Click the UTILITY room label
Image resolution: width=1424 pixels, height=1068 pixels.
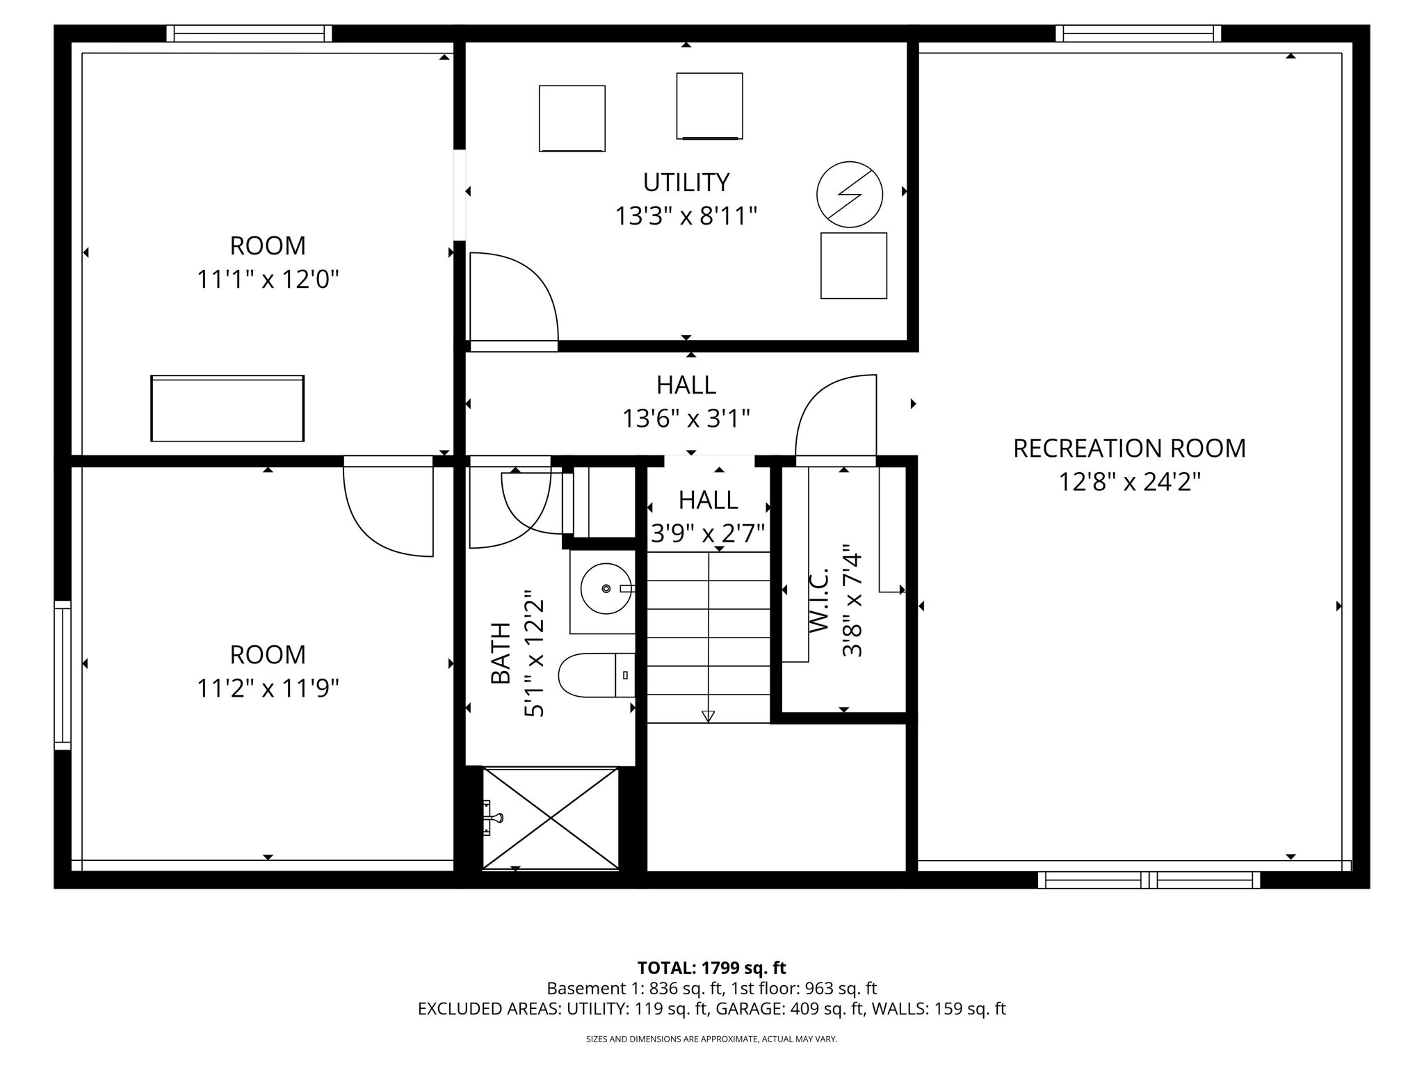[686, 183]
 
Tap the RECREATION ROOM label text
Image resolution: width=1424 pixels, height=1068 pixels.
[1128, 448]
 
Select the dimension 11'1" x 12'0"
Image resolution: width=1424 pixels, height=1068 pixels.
[268, 280]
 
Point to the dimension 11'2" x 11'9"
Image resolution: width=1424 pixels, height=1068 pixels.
[268, 688]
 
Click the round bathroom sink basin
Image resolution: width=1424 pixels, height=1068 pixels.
[606, 588]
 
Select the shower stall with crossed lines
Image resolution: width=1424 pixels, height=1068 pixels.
[550, 818]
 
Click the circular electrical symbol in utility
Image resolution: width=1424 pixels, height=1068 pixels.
[849, 195]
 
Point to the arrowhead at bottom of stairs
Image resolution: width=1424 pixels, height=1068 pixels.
[708, 716]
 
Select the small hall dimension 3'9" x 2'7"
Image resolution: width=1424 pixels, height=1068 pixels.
[708, 533]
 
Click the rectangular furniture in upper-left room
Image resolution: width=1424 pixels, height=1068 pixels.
[227, 408]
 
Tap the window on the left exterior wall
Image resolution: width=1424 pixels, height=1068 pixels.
[63, 674]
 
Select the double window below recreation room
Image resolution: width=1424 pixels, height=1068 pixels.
[1149, 880]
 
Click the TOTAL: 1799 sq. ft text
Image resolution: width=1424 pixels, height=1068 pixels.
[711, 968]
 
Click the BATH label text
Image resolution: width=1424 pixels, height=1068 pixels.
[501, 653]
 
